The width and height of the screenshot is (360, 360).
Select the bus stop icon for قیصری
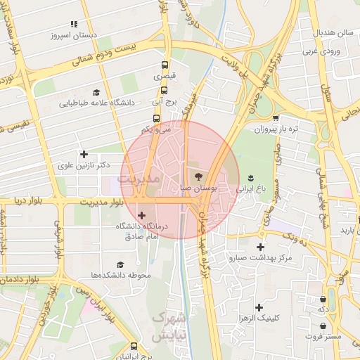click(165, 66)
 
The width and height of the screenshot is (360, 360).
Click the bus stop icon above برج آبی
click(165, 90)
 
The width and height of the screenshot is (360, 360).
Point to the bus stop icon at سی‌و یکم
click(155, 119)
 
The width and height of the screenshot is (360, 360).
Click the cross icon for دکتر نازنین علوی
click(84, 154)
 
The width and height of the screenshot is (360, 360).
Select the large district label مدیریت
click(139, 180)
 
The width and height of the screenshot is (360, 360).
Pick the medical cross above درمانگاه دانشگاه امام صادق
click(142, 215)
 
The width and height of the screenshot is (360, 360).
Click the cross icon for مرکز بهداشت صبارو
click(260, 247)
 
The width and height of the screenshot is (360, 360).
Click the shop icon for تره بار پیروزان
click(276, 118)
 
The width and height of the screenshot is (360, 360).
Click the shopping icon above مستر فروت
click(322, 326)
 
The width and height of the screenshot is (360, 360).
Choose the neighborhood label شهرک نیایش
click(169, 327)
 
